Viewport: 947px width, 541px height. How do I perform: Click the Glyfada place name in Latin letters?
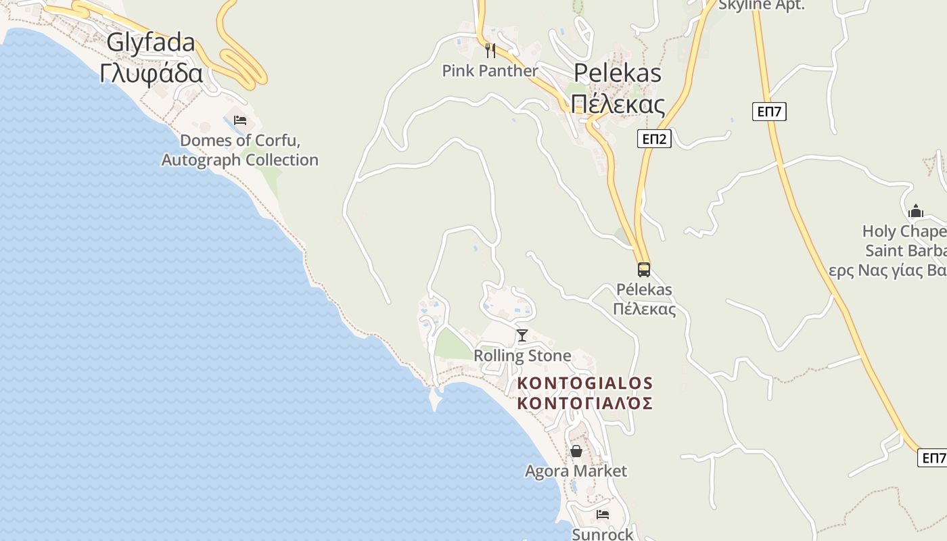click(x=151, y=43)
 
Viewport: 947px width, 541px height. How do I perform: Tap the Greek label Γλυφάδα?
click(x=151, y=73)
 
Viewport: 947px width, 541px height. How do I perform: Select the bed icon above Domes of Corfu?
click(x=240, y=121)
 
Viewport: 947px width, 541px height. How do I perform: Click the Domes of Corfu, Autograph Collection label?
click(x=240, y=151)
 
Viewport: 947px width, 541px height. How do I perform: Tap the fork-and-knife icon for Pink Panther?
click(x=491, y=50)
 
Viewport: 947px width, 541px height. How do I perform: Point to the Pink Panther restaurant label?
click(x=490, y=70)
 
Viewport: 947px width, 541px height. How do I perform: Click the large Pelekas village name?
click(x=618, y=73)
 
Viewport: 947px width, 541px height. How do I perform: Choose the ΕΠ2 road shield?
click(x=654, y=139)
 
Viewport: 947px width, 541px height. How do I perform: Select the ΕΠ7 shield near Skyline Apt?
click(x=769, y=112)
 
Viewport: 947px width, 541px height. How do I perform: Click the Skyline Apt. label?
click(x=761, y=5)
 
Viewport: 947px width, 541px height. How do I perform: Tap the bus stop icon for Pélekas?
click(x=644, y=270)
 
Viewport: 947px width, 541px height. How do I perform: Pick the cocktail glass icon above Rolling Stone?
click(x=522, y=335)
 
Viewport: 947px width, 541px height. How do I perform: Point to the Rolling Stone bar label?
click(x=522, y=356)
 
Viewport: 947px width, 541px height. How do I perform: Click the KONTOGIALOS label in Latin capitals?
click(x=585, y=383)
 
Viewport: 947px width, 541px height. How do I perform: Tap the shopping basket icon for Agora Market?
click(x=576, y=451)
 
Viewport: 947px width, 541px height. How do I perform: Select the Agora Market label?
click(x=576, y=471)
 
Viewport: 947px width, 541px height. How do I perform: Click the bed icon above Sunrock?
click(x=603, y=515)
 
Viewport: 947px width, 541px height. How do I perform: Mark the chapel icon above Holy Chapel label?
click(x=916, y=211)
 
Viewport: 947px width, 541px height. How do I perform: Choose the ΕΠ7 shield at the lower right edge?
click(x=933, y=458)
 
